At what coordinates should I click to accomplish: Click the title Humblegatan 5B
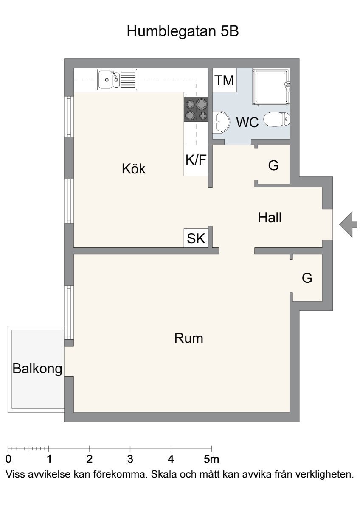tap(183, 31)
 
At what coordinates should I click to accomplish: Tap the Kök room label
tap(133, 169)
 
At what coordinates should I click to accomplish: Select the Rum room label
tap(188, 338)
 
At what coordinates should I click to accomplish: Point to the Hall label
tap(270, 217)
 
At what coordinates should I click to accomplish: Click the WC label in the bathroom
tap(247, 122)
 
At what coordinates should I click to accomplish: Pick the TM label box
tap(225, 80)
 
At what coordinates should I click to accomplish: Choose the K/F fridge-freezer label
tap(196, 159)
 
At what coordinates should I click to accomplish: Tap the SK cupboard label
tap(196, 238)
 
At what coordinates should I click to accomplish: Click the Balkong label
tap(37, 369)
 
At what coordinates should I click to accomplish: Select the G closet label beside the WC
tap(273, 165)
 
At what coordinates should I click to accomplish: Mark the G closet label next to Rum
tap(307, 278)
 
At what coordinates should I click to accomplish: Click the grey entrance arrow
tap(348, 224)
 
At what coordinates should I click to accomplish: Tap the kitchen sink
tap(117, 80)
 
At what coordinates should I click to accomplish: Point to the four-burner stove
tap(196, 110)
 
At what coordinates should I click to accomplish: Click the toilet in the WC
tap(277, 119)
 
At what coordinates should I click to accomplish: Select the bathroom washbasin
tap(221, 122)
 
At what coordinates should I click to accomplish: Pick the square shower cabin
tap(271, 87)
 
